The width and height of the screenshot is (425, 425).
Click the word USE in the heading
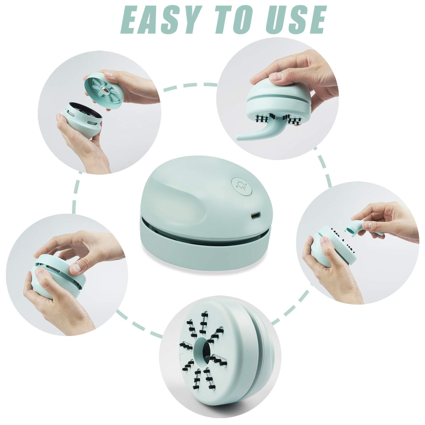point(296,20)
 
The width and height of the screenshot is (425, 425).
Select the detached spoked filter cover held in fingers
point(104,91)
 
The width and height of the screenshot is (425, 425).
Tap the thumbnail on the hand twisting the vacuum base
point(75,268)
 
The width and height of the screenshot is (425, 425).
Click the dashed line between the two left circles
point(76,192)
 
